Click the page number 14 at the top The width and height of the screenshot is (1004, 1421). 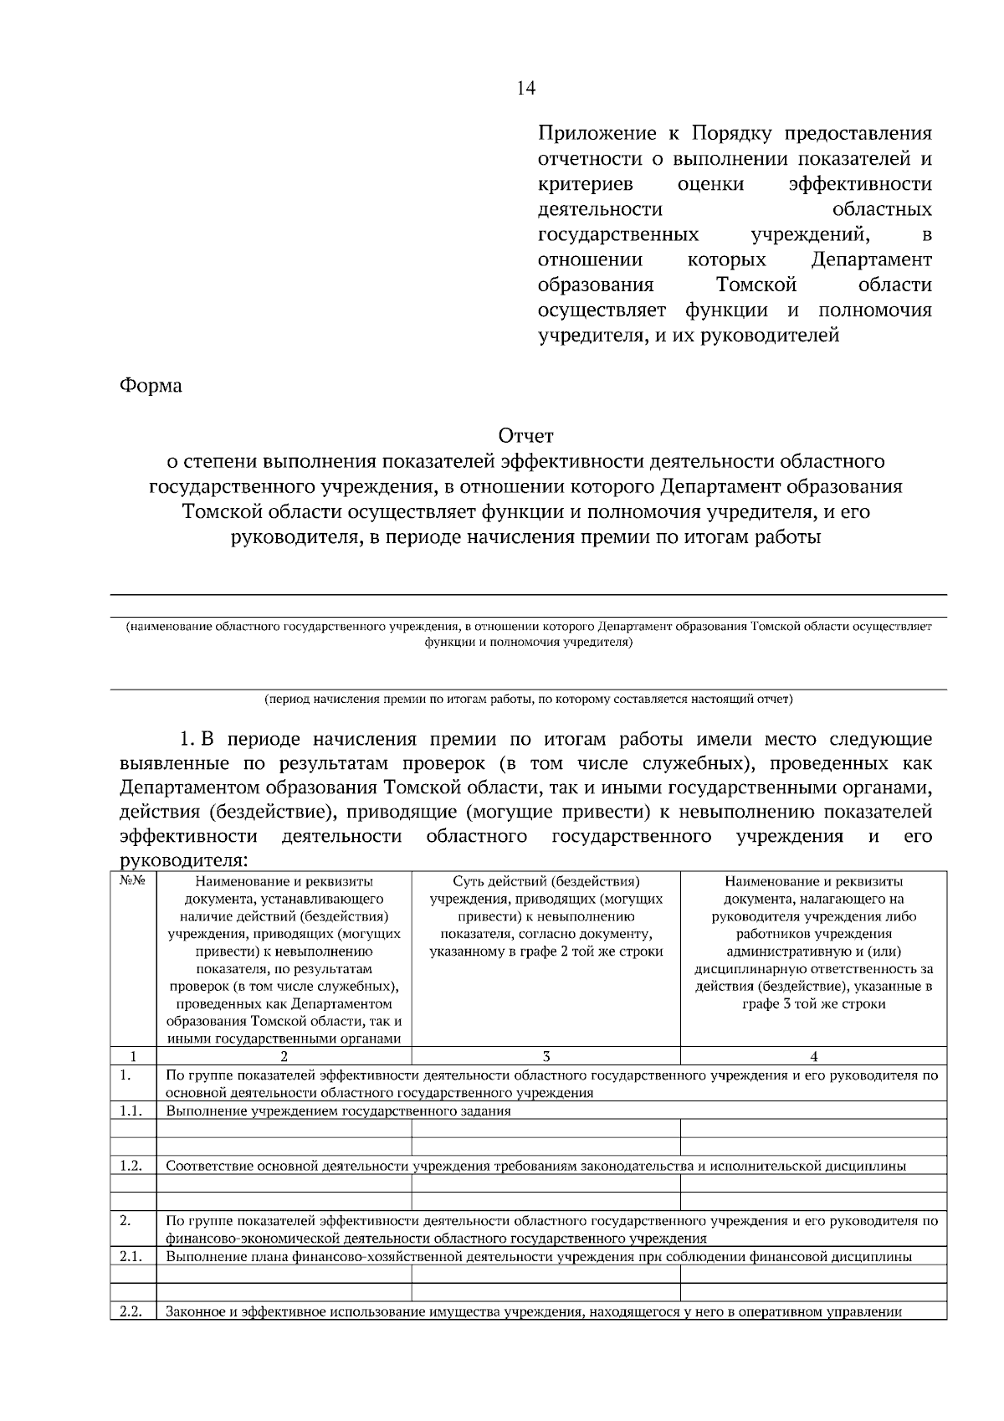point(526,89)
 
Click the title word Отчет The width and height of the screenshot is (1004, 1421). point(526,435)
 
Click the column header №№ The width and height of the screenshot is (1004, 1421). point(133,881)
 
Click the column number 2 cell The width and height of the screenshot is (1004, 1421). point(284,1056)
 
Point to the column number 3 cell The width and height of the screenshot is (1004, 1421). point(546,1056)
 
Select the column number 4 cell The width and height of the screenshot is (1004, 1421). point(813,1056)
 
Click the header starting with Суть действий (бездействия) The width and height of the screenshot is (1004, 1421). point(546,881)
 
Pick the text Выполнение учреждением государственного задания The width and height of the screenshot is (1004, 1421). point(338,1111)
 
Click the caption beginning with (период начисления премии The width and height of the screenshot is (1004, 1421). point(528,697)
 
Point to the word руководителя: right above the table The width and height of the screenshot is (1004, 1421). point(183,860)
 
